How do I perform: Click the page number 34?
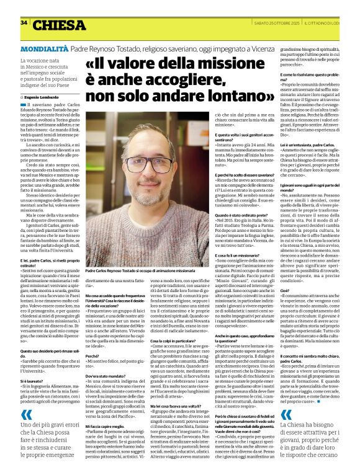[24, 22]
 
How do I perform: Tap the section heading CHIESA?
[60, 25]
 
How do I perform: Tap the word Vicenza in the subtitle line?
[279, 48]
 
